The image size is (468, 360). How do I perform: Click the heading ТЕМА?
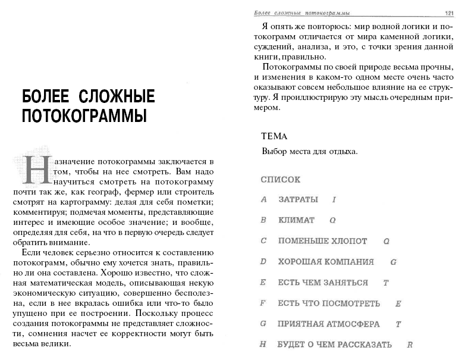tap(274, 136)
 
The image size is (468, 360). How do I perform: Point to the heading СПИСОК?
tap(281, 179)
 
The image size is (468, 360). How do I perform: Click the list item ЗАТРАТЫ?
tap(298, 199)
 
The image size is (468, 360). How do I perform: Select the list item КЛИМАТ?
tap(296, 220)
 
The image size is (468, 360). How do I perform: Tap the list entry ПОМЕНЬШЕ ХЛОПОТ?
tap(322, 242)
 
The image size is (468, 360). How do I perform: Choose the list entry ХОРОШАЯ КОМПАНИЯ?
tap(326, 262)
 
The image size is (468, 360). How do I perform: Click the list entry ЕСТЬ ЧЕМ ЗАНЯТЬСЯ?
tap(323, 283)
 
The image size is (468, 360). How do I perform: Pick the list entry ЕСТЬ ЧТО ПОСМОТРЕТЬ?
tap(329, 303)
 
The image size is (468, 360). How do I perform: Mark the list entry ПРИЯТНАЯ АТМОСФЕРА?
tap(328, 324)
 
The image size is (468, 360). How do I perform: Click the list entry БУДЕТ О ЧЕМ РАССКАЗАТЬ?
tap(335, 345)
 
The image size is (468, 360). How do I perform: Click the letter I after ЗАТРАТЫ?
tap(334, 199)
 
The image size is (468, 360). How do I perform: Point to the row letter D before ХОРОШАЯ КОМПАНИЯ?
tap(263, 262)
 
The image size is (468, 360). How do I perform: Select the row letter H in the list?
tap(263, 345)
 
